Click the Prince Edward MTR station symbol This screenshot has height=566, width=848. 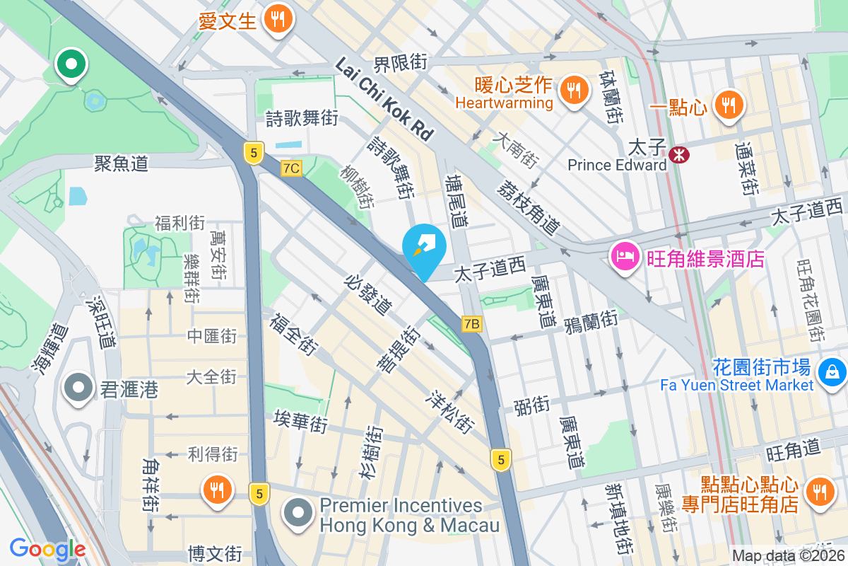(x=680, y=153)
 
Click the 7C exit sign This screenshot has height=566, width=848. (x=290, y=168)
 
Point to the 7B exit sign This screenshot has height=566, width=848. (x=472, y=324)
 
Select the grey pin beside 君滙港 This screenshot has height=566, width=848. (x=78, y=388)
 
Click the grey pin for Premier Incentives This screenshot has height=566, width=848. (x=298, y=514)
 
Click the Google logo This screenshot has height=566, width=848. (x=47, y=548)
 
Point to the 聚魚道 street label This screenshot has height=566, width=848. (x=122, y=163)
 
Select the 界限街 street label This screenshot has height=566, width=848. (x=401, y=62)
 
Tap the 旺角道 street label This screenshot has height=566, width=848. (x=794, y=448)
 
